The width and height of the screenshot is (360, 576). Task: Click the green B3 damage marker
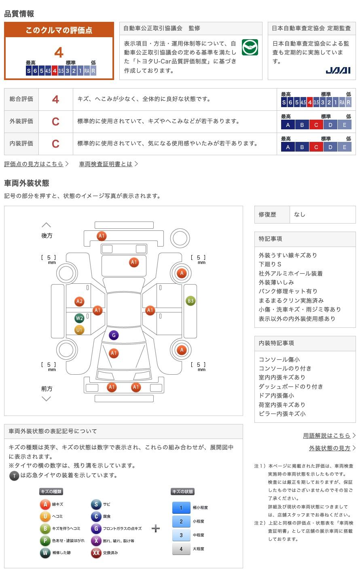(191, 301)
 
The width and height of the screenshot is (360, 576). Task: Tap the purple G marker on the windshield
(114, 335)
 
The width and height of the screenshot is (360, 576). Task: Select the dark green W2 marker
(79, 318)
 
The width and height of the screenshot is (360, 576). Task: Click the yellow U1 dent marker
(79, 330)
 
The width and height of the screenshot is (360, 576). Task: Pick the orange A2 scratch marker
(79, 301)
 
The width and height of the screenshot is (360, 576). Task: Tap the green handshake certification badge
(250, 48)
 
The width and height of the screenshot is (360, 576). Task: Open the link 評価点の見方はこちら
(34, 164)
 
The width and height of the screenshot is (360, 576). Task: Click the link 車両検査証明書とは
(106, 164)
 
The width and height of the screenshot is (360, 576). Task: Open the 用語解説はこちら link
(326, 435)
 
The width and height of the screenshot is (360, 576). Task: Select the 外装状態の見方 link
(330, 448)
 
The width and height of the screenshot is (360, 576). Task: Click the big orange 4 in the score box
(59, 53)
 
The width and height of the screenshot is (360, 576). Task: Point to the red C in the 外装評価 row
(55, 121)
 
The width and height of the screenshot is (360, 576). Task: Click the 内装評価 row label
(21, 143)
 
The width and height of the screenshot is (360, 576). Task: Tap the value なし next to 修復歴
(300, 215)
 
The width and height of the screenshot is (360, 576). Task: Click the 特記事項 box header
(271, 239)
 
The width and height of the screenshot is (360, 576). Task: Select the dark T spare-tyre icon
(14, 476)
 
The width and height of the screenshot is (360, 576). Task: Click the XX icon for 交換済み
(96, 553)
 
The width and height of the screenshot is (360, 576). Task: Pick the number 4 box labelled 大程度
(181, 549)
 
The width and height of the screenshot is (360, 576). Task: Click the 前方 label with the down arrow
(47, 389)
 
